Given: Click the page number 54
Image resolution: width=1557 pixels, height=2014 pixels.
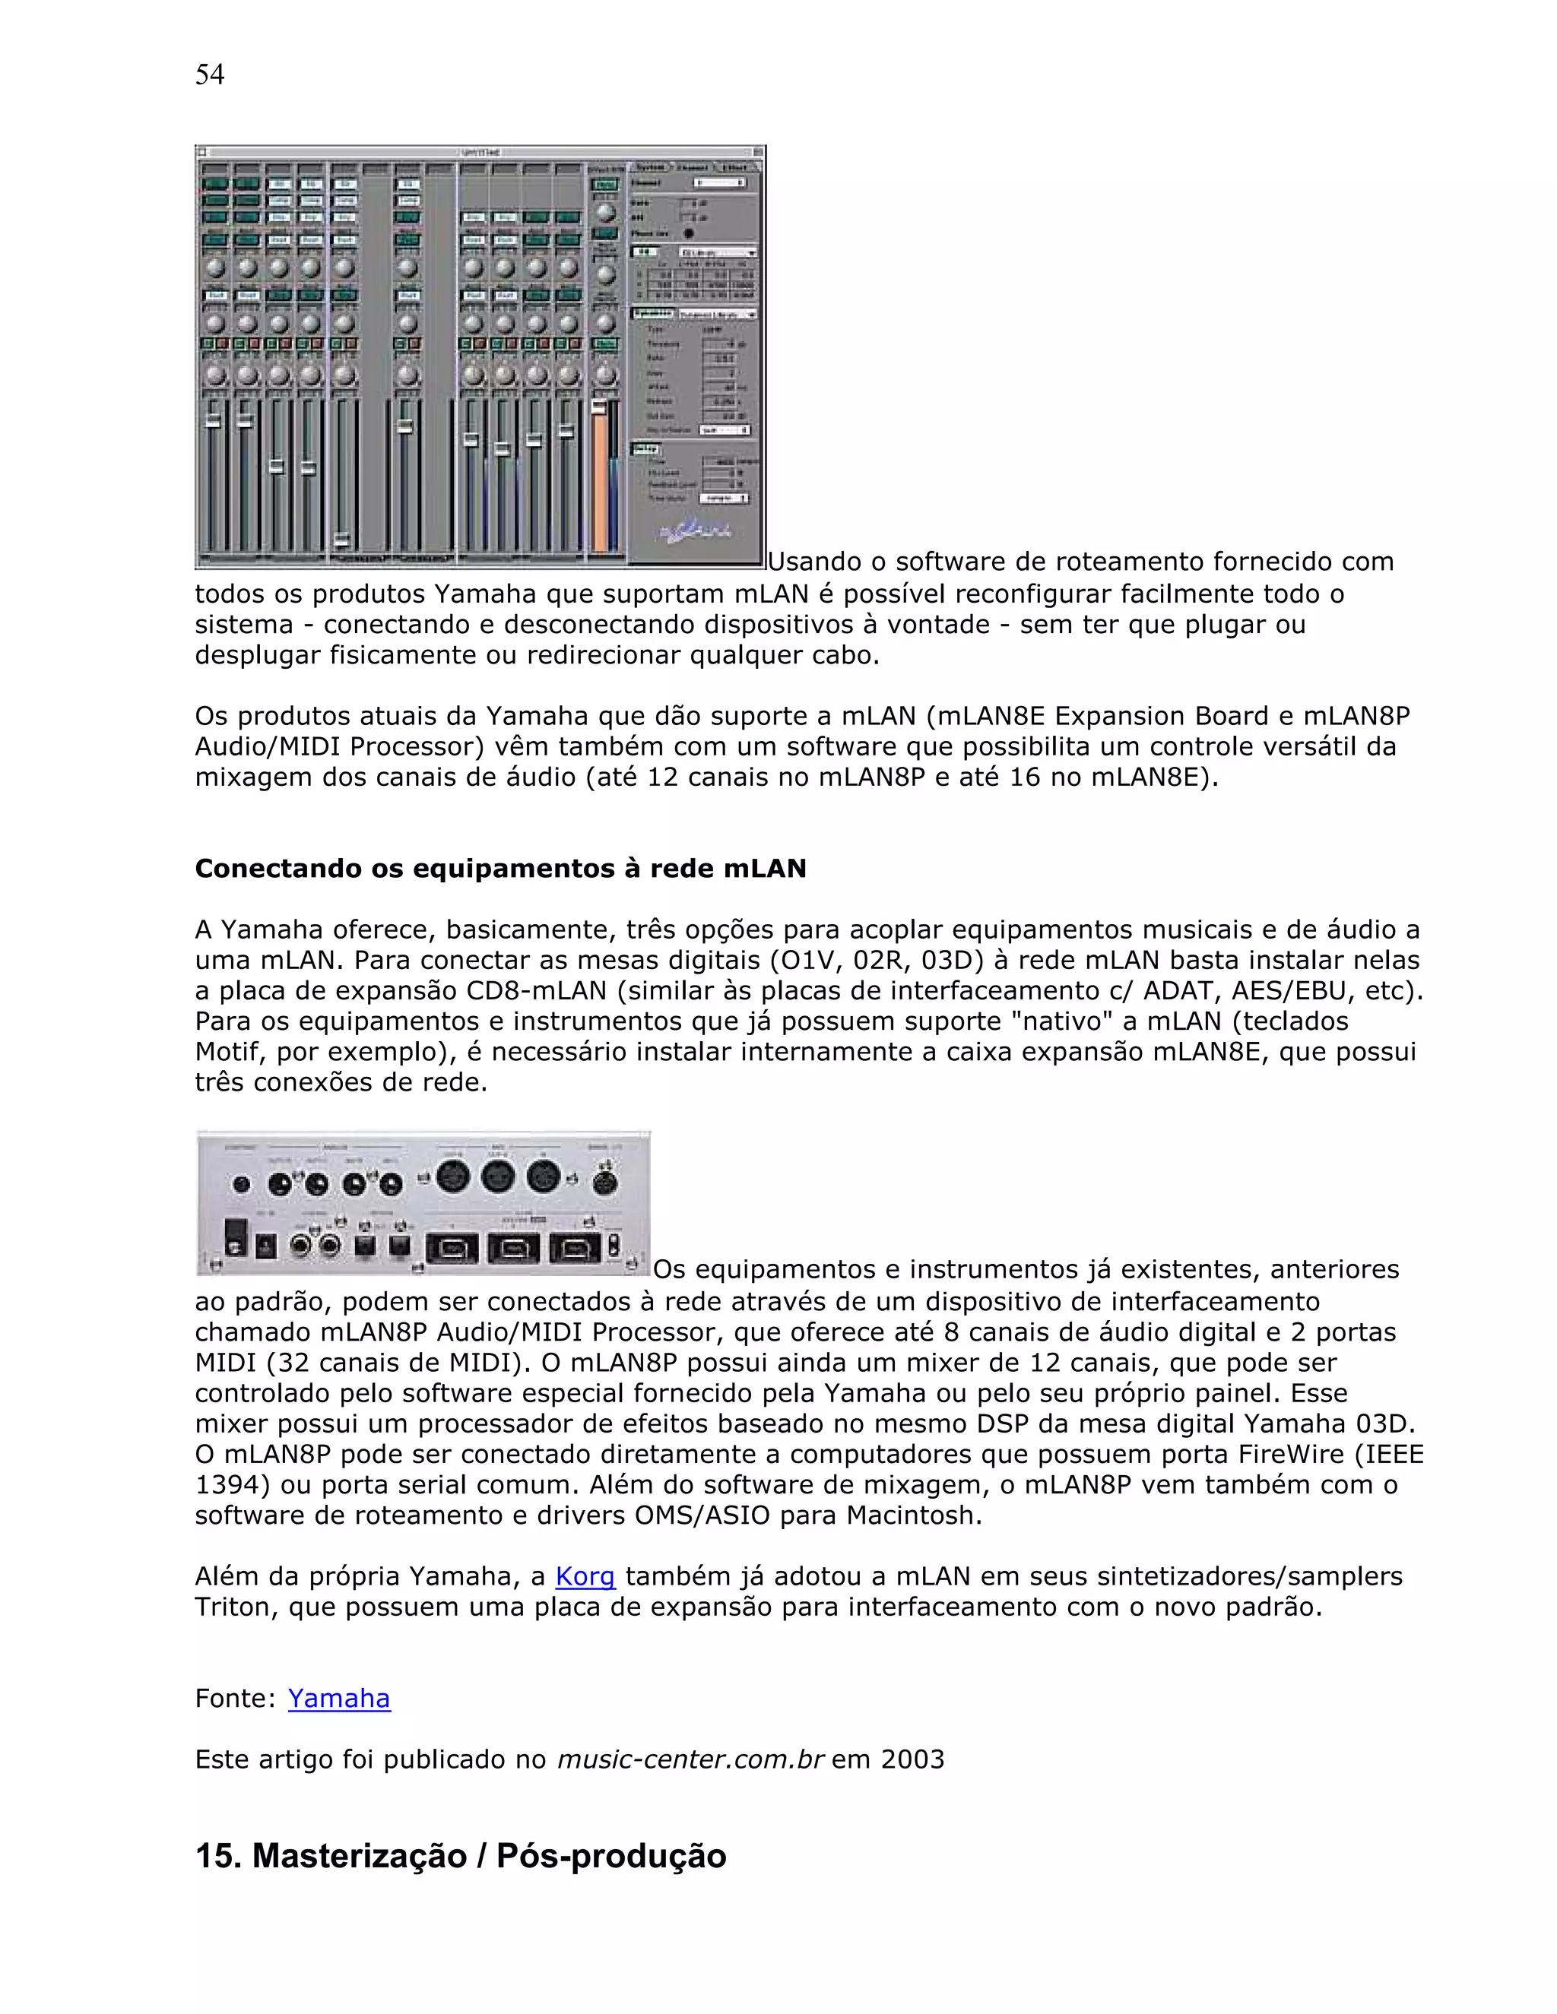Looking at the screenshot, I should (x=209, y=74).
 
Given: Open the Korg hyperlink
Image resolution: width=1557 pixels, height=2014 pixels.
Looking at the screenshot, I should (x=585, y=1576).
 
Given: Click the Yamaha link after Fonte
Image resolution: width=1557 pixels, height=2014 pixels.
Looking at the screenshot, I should (x=338, y=1698).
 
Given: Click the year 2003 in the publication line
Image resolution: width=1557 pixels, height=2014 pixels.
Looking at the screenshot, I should (x=912, y=1759).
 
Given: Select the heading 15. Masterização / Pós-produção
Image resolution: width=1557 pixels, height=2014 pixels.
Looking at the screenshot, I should (x=460, y=1855).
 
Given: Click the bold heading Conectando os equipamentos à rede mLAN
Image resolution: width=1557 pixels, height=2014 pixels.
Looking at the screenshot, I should (x=500, y=868).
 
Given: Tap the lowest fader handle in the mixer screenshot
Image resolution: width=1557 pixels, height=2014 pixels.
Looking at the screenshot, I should (x=342, y=539).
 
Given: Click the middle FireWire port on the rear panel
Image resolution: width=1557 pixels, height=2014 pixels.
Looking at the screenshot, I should (x=513, y=1249).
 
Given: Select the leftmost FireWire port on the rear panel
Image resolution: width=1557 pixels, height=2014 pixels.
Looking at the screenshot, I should (x=452, y=1249).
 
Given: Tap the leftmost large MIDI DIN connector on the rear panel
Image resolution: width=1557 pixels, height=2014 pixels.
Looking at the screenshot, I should (x=453, y=1177).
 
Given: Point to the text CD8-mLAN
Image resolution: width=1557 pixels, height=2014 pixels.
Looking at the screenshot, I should (x=536, y=990).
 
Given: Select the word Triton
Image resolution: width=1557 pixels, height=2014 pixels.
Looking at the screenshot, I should (x=236, y=1607).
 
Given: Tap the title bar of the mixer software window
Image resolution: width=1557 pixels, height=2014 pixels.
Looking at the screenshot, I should (x=480, y=152).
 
